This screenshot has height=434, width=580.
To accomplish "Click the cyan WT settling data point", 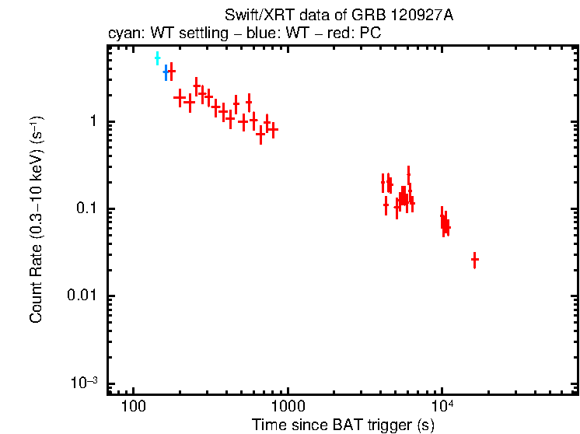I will click(157, 58).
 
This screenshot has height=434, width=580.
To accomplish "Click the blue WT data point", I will click(166, 73).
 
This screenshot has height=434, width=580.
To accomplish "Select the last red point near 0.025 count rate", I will click(474, 260).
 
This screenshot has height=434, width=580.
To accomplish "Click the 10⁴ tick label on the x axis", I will click(442, 406).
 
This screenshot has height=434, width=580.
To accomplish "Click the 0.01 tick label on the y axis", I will click(83, 296).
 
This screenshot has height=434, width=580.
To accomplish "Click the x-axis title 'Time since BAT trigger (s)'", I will click(343, 425).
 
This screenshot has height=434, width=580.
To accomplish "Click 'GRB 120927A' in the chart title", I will click(405, 16).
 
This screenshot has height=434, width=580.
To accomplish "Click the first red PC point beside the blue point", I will click(171, 71).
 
